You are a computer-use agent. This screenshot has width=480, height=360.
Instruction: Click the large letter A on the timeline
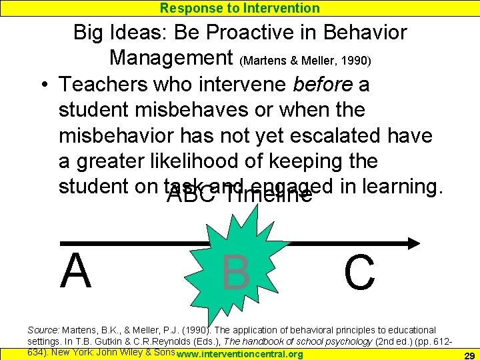point(75,271)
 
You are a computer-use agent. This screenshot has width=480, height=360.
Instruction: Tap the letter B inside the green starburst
point(236,272)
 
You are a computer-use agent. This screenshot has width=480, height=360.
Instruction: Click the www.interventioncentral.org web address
point(241,354)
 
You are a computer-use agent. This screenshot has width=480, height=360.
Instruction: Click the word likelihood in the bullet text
point(207,161)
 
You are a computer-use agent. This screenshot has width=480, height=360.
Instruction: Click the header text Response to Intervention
point(240,8)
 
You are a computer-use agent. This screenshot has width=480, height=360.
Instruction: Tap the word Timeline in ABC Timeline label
point(269,195)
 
